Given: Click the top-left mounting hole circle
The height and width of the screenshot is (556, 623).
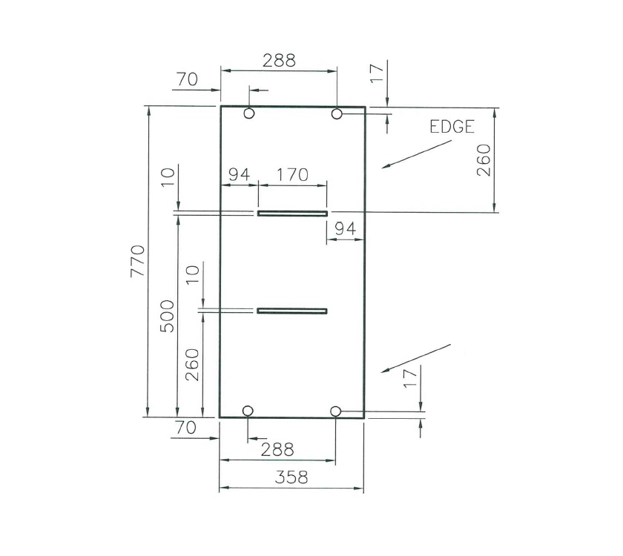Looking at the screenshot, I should pyautogui.click(x=248, y=113).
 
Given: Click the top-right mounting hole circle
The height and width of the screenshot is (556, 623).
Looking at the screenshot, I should pyautogui.click(x=337, y=113).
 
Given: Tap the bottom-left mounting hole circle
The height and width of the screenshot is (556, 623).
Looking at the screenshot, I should pyautogui.click(x=248, y=411).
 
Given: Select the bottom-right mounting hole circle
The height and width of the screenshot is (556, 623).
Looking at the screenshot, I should pyautogui.click(x=335, y=411).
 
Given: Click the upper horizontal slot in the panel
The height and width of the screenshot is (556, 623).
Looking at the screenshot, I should pyautogui.click(x=292, y=214).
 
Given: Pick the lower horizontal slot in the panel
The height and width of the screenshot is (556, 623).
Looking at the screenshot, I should pyautogui.click(x=292, y=311).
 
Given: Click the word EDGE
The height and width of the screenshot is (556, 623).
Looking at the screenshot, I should pyautogui.click(x=452, y=127).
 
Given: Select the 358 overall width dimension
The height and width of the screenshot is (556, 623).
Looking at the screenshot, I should pyautogui.click(x=291, y=478).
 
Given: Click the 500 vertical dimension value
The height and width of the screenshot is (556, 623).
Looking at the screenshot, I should pyautogui.click(x=168, y=316).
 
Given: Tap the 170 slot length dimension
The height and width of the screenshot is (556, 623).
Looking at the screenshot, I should pyautogui.click(x=291, y=176).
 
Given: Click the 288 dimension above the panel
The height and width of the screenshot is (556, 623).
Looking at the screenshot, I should pyautogui.click(x=279, y=61).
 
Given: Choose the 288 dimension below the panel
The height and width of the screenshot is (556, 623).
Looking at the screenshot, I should pyautogui.click(x=277, y=450).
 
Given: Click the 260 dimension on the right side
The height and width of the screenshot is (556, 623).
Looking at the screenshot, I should pyautogui.click(x=483, y=160).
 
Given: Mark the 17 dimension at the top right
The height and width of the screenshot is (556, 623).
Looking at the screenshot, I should pyautogui.click(x=377, y=72).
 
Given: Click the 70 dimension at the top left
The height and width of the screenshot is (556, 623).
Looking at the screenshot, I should pyautogui.click(x=187, y=79).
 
